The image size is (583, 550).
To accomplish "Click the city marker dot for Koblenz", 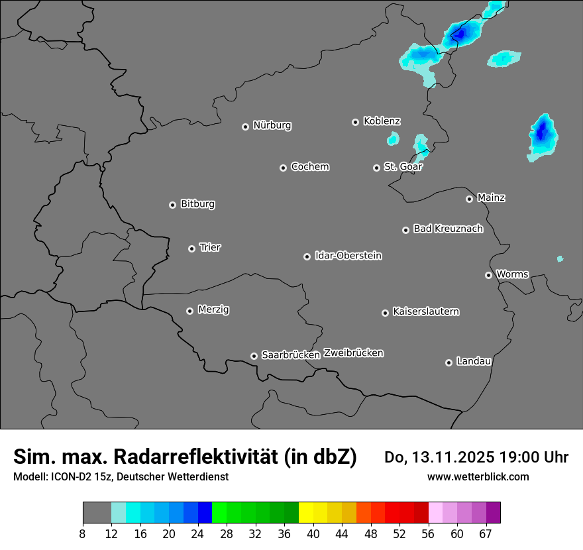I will point(355,122).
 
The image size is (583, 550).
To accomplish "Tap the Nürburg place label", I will point(272,125).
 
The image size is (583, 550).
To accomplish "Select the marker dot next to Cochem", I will point(283,168).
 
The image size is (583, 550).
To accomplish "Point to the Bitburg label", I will point(197,204).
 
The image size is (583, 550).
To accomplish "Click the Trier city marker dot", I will point(191,248).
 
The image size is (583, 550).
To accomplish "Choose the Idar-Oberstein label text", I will point(348,256).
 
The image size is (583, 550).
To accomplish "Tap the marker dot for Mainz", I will point(469,199).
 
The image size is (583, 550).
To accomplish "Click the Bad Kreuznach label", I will point(448,229).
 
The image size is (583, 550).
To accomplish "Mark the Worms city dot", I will point(488,275).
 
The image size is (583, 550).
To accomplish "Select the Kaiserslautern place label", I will point(425,311).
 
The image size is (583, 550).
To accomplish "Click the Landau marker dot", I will point(449,362).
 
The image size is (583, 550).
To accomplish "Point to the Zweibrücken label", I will point(353,353).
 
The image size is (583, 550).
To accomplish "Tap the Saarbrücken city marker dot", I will point(254,356).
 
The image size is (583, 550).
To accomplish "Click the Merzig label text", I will point(213,310).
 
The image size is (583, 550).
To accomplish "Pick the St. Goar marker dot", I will point(376,168).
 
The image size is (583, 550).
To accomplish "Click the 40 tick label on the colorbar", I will point(313,533).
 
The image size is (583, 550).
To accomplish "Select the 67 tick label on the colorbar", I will point(486,533).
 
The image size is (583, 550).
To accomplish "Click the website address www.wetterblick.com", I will point(478,476).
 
